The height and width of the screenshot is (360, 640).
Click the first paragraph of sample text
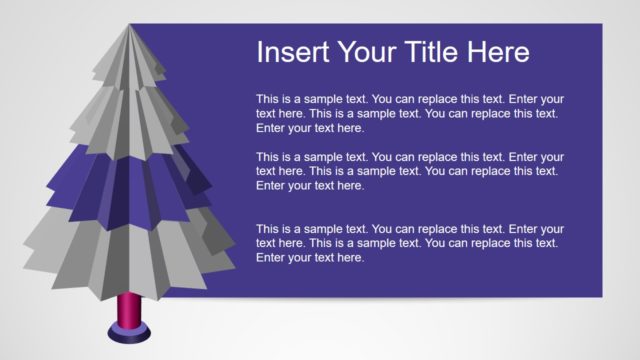click(410, 113)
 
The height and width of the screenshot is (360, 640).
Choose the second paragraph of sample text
click(410, 171)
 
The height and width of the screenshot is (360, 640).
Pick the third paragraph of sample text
click(410, 243)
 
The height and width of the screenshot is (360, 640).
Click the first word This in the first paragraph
click(268, 99)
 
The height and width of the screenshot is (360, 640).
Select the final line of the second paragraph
click(310, 186)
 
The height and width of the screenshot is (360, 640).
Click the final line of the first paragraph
click(310, 128)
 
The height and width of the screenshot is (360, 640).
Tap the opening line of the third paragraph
click(410, 229)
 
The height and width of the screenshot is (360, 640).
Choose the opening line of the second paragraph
click(410, 157)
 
